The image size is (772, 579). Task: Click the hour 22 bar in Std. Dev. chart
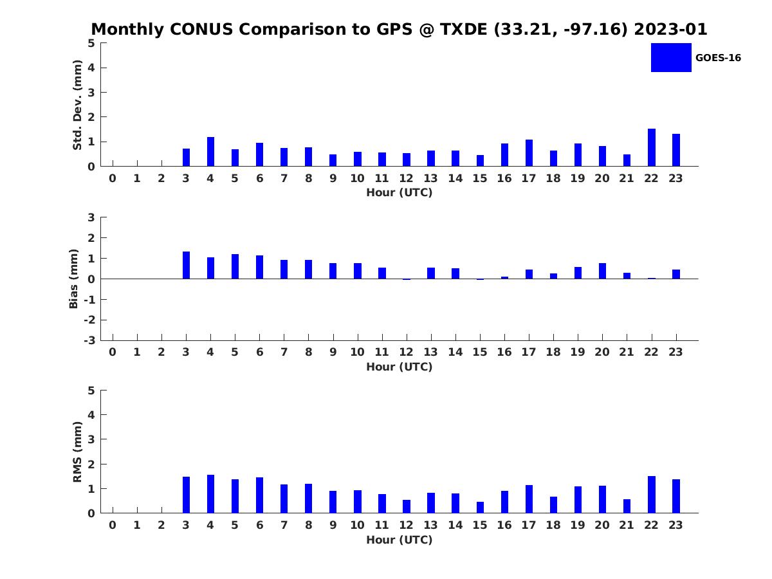tap(651, 147)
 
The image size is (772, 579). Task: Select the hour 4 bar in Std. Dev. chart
tap(210, 152)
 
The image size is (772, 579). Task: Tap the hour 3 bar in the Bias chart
tap(186, 265)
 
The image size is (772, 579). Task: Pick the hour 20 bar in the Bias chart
tap(602, 271)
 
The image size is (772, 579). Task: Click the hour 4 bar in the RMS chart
tap(210, 494)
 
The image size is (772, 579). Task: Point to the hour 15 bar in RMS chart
tap(480, 508)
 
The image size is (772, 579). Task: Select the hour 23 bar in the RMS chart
tap(676, 497)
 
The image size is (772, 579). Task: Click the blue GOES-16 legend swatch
tap(671, 58)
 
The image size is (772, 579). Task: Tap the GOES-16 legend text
tap(718, 58)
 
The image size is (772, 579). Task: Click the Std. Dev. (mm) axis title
tap(77, 105)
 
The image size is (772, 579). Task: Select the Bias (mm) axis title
tap(73, 279)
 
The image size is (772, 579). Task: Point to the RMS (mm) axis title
tap(77, 452)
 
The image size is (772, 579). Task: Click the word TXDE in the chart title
tap(464, 29)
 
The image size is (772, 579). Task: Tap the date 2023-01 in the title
tap(670, 29)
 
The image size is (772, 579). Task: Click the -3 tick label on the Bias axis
tap(89, 340)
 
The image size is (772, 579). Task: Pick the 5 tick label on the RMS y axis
tap(91, 391)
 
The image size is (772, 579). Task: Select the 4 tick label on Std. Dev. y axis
tap(91, 68)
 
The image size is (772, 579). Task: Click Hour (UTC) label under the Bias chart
tap(400, 367)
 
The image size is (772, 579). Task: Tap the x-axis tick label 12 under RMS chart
tap(406, 525)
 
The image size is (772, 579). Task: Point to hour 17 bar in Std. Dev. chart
tap(529, 153)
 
